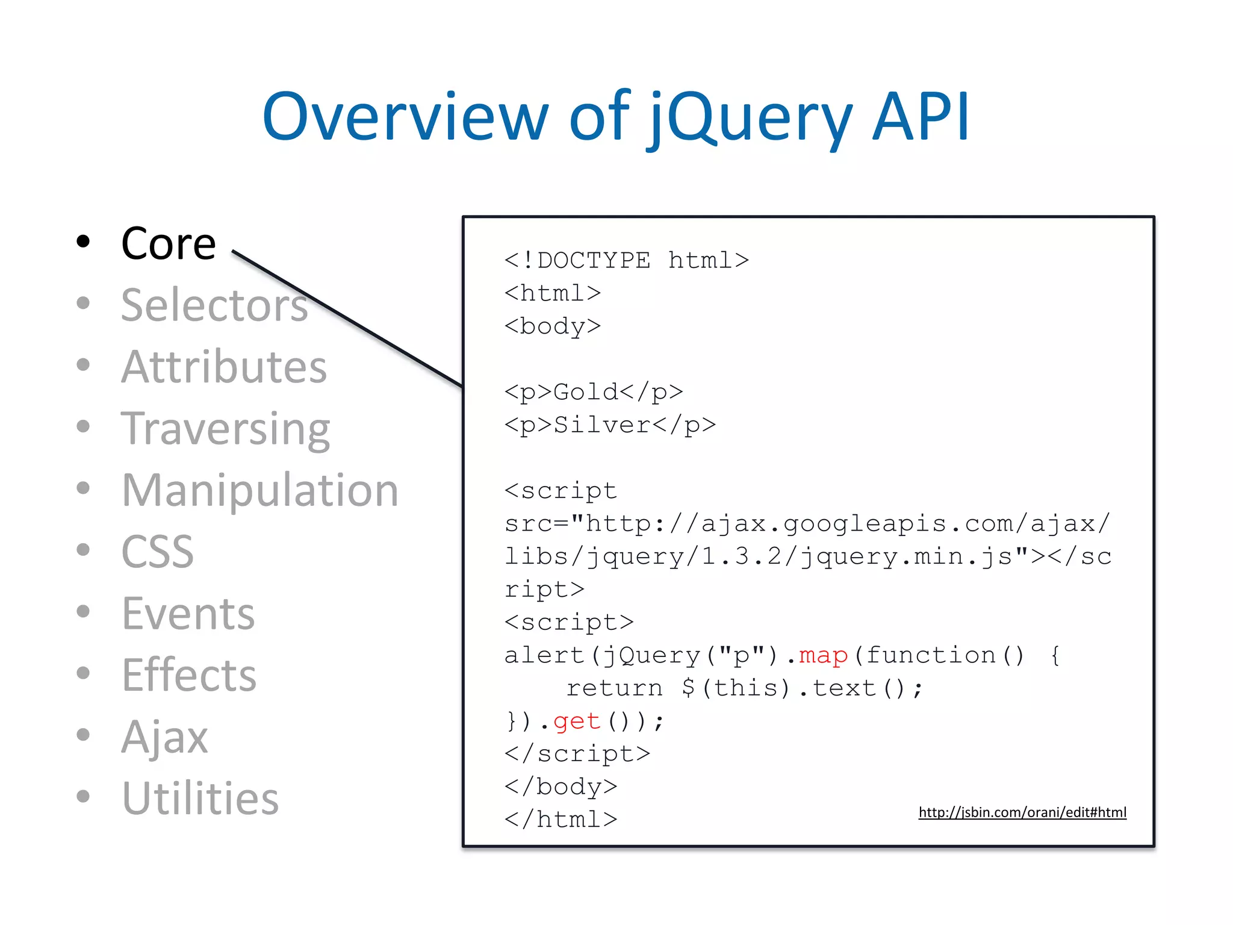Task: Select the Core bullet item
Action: pyautogui.click(x=168, y=244)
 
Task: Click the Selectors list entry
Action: pyautogui.click(x=214, y=305)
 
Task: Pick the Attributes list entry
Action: pyautogui.click(x=224, y=367)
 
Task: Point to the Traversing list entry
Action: pyautogui.click(x=226, y=429)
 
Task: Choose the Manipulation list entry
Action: pyautogui.click(x=260, y=490)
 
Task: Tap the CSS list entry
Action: pyautogui.click(x=158, y=552)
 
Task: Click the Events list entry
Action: pyautogui.click(x=188, y=614)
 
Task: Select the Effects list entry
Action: pyautogui.click(x=189, y=675)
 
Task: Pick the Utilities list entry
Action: pyautogui.click(x=200, y=799)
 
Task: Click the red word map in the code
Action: pyautogui.click(x=823, y=655)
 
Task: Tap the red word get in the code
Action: pyautogui.click(x=577, y=721)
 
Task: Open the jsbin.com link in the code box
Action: pyautogui.click(x=1022, y=812)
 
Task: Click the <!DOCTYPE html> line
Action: pyautogui.click(x=626, y=261)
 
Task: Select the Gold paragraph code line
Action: pyautogui.click(x=594, y=392)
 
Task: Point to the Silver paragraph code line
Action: pyautogui.click(x=610, y=425)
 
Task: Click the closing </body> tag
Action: pyautogui.click(x=561, y=786)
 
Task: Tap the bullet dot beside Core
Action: pyautogui.click(x=83, y=242)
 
